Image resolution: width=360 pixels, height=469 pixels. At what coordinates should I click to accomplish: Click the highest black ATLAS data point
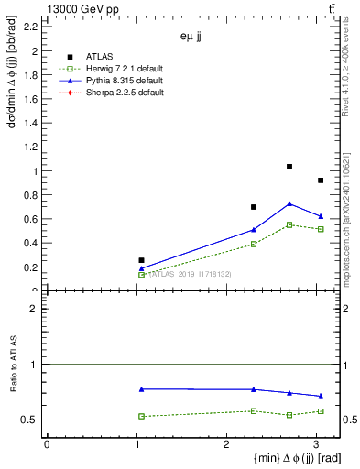coord(289,167)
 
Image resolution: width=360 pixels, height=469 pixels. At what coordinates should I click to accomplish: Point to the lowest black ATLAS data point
coord(141,260)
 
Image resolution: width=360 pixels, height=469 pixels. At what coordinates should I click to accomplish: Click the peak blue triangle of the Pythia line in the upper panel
coord(289,203)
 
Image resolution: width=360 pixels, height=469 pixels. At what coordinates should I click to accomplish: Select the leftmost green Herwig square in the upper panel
coord(141,274)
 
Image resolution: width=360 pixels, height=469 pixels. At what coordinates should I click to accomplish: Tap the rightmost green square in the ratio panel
coord(321,411)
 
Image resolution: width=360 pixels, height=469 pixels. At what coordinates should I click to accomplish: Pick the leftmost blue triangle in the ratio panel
coord(141,389)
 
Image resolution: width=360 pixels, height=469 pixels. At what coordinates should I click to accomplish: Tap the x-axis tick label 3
coord(317,444)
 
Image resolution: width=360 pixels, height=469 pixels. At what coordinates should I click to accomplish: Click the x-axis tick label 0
coord(47,444)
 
